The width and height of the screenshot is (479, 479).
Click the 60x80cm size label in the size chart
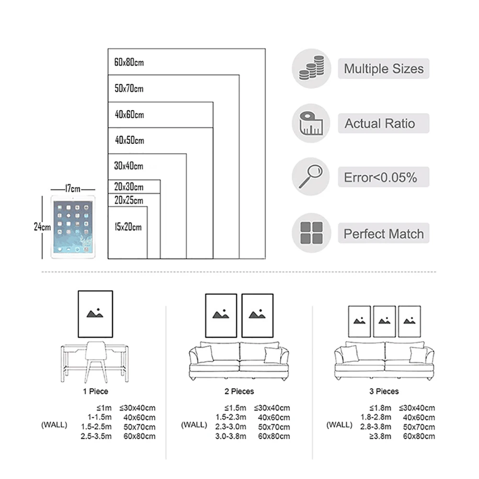(129, 62)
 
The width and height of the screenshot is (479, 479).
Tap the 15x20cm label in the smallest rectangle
(128, 227)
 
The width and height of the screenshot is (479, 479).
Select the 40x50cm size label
(129, 141)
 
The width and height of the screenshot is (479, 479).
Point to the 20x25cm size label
(128, 200)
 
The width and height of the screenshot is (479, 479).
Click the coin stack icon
(311, 68)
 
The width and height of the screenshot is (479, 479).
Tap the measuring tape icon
(311, 123)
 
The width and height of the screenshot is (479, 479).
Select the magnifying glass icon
(311, 177)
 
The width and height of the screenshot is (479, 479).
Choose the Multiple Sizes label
(384, 68)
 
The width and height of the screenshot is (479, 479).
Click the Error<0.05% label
(380, 178)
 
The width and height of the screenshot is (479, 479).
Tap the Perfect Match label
(384, 234)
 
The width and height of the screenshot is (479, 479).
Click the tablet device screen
(72, 227)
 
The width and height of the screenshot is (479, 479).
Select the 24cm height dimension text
(42, 227)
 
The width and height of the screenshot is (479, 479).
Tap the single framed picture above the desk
(95, 314)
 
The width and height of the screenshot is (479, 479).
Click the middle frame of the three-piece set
(384, 321)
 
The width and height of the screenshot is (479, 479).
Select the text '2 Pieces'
(239, 391)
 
